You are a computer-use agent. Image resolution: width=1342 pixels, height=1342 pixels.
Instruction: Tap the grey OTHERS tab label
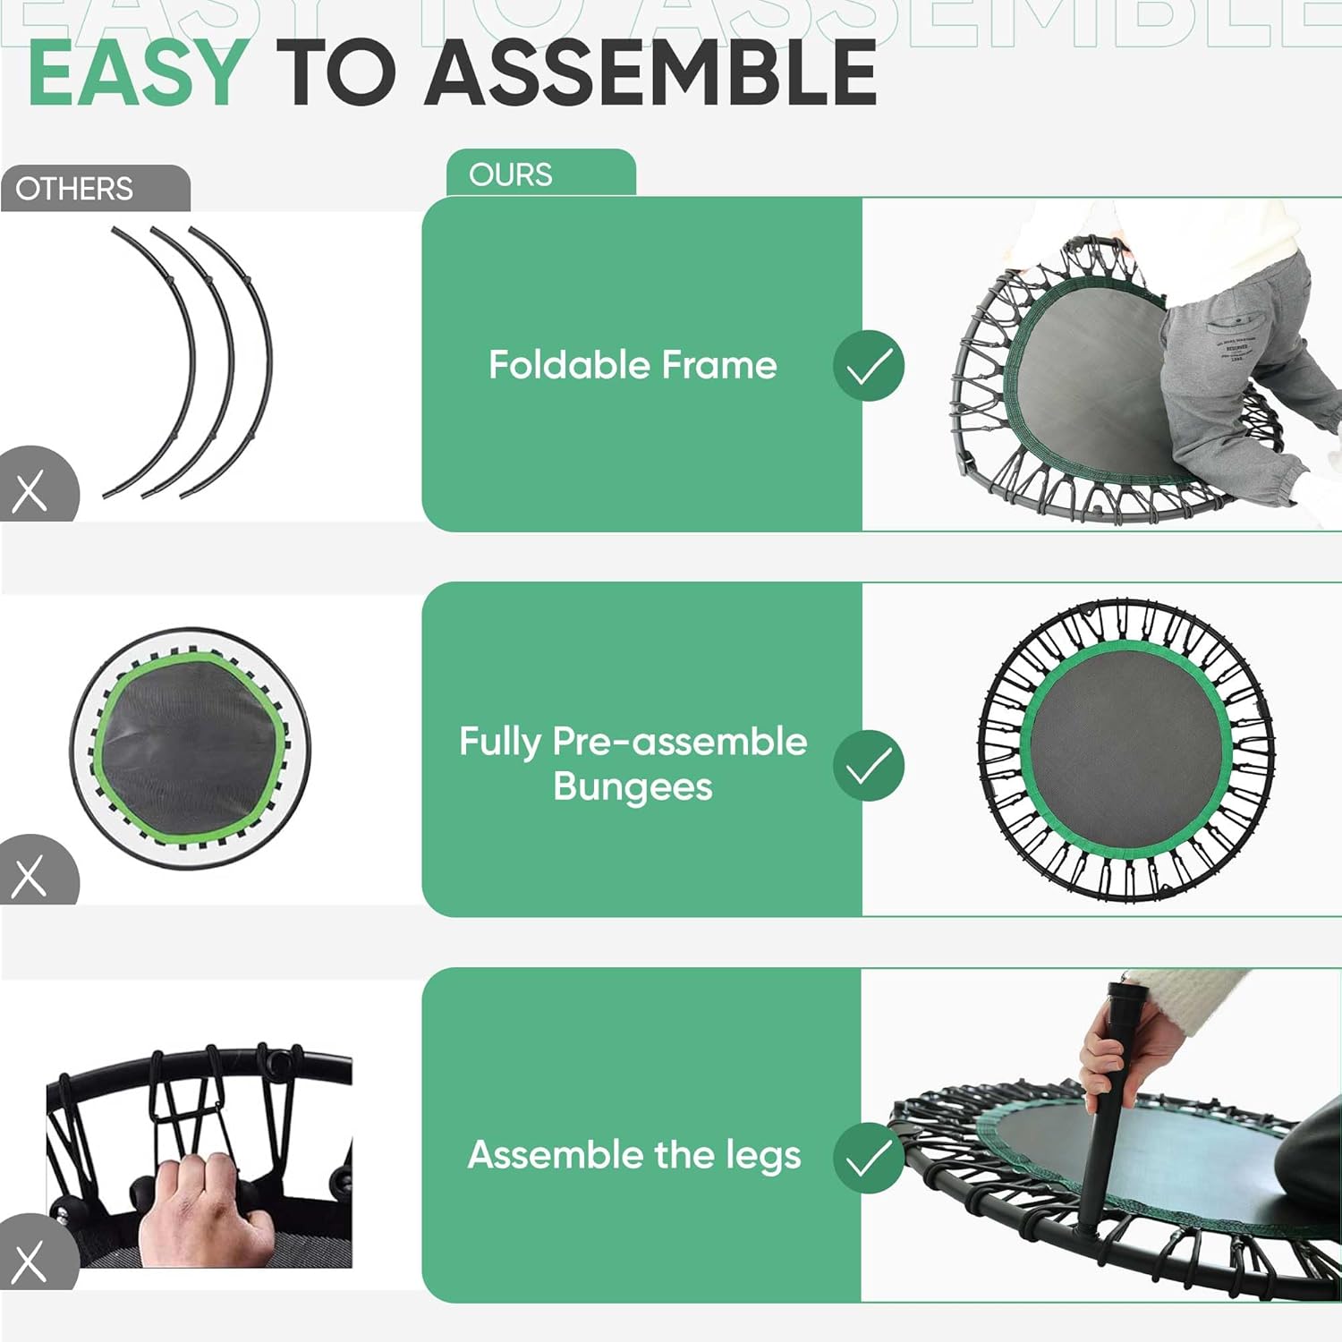point(74,189)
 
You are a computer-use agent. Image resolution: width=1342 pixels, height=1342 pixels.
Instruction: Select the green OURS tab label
point(511,174)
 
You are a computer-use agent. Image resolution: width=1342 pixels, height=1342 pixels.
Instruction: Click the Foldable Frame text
point(633,365)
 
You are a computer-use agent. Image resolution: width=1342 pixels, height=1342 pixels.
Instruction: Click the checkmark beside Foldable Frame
point(868,365)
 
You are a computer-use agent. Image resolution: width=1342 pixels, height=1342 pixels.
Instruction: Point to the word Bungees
point(633,787)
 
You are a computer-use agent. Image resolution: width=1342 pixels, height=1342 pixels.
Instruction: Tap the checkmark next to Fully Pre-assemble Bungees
point(868,765)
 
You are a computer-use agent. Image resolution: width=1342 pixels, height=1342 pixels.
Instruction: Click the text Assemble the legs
point(633,1155)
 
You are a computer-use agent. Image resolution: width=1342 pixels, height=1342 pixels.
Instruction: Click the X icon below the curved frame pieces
point(30,491)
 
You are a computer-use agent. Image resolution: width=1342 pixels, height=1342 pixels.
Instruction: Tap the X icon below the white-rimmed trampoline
point(30,876)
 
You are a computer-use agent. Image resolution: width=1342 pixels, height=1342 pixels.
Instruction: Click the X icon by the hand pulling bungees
point(30,1261)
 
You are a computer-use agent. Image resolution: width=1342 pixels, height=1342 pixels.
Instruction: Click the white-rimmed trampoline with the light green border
point(191,748)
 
